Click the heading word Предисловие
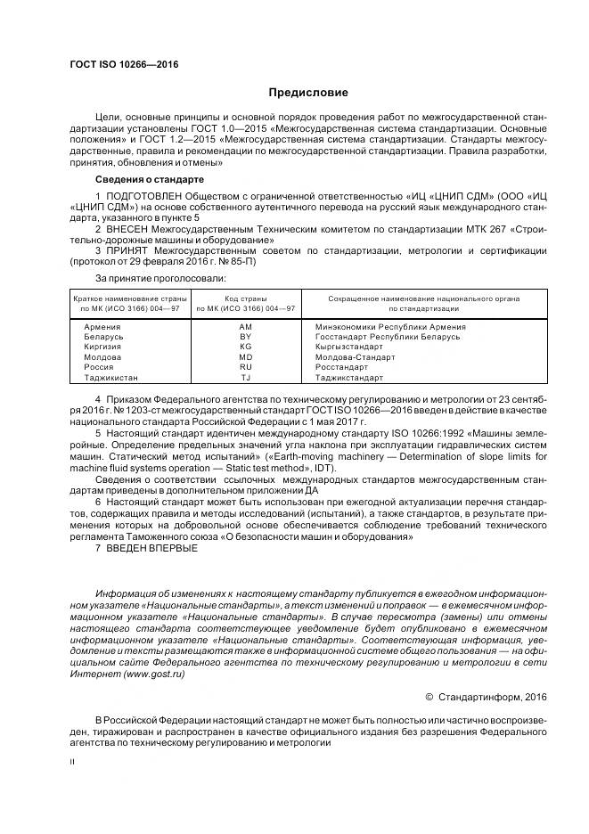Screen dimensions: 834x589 (307, 93)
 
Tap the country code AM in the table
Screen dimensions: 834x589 (245, 327)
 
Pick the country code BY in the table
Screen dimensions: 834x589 (245, 337)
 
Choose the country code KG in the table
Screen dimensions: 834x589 (245, 347)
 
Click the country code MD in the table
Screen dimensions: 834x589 (245, 356)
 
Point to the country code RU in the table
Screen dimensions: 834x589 (245, 366)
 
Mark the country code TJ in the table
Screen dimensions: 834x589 (245, 377)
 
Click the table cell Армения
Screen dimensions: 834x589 (102, 327)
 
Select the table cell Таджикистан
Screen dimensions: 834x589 (110, 377)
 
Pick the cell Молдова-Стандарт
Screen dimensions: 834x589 (356, 356)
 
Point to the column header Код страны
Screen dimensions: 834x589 (245, 298)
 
